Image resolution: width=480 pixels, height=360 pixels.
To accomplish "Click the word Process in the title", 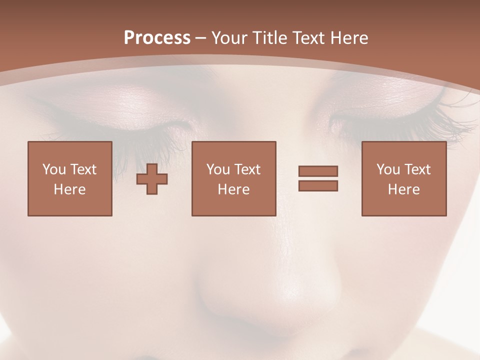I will click(157, 38).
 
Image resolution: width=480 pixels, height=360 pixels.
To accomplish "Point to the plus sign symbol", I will click(152, 178).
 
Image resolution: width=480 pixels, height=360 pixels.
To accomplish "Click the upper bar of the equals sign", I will click(318, 171).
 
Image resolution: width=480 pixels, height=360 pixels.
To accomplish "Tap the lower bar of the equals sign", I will click(318, 185).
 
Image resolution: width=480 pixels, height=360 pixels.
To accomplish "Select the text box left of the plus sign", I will click(70, 178).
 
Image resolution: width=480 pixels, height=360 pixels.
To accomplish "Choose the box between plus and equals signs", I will click(234, 178).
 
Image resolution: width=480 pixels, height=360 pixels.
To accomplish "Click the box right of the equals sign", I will click(404, 178).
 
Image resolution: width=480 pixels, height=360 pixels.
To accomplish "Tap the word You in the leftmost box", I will click(54, 169).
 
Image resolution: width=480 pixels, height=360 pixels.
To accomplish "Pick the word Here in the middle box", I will click(234, 189).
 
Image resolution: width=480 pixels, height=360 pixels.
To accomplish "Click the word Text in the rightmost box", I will click(417, 169).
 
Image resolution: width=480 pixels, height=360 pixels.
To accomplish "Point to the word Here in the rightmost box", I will click(404, 189).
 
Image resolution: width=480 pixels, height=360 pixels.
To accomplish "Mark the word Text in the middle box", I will click(247, 169).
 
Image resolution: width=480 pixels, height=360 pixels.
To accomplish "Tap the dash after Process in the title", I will click(201, 38).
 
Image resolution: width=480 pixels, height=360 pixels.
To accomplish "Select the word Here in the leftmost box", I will click(70, 189).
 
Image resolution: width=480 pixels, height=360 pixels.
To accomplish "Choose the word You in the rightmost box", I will click(388, 169).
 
